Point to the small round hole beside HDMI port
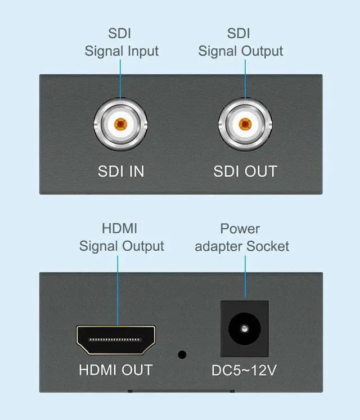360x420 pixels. [182, 355]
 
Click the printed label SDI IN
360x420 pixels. [121, 171]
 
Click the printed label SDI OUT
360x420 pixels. [245, 171]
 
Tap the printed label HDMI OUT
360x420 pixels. [115, 370]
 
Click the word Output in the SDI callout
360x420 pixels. [262, 51]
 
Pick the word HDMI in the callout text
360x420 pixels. [119, 229]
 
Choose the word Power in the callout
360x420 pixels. [240, 229]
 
